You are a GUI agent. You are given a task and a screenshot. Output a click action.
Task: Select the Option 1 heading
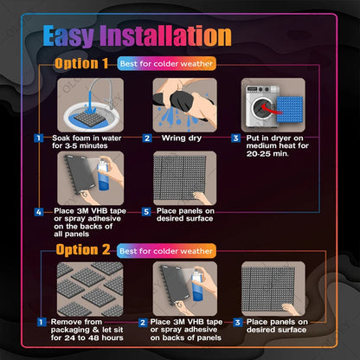(x=81, y=64)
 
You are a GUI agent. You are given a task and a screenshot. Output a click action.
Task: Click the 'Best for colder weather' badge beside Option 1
(x=167, y=64)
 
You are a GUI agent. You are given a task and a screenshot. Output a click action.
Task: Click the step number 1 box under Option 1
(x=39, y=138)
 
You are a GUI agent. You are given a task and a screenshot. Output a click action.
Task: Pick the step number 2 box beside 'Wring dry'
(x=147, y=138)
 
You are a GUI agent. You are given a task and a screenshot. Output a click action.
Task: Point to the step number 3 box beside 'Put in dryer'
(x=235, y=138)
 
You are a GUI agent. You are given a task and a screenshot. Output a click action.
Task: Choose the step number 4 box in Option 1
(x=39, y=211)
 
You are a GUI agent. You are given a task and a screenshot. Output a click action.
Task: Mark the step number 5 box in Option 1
(x=147, y=211)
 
